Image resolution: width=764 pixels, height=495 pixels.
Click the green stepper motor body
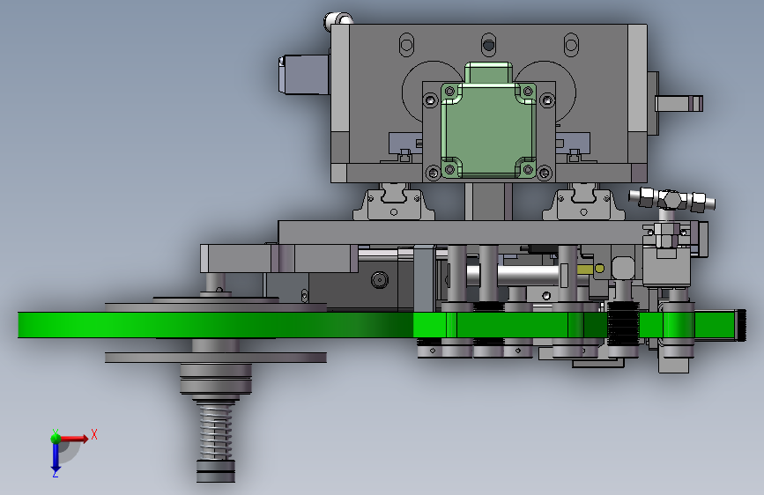488,129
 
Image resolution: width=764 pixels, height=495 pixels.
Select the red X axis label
94,434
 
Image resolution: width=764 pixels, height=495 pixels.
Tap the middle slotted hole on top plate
488,45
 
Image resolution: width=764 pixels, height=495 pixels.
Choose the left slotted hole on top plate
406,45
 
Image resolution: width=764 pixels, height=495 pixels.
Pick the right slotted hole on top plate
571,45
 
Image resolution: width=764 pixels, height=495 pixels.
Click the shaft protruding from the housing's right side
679,103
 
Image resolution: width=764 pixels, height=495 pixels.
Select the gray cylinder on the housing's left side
303,75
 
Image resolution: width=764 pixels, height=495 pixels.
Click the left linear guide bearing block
394,202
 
